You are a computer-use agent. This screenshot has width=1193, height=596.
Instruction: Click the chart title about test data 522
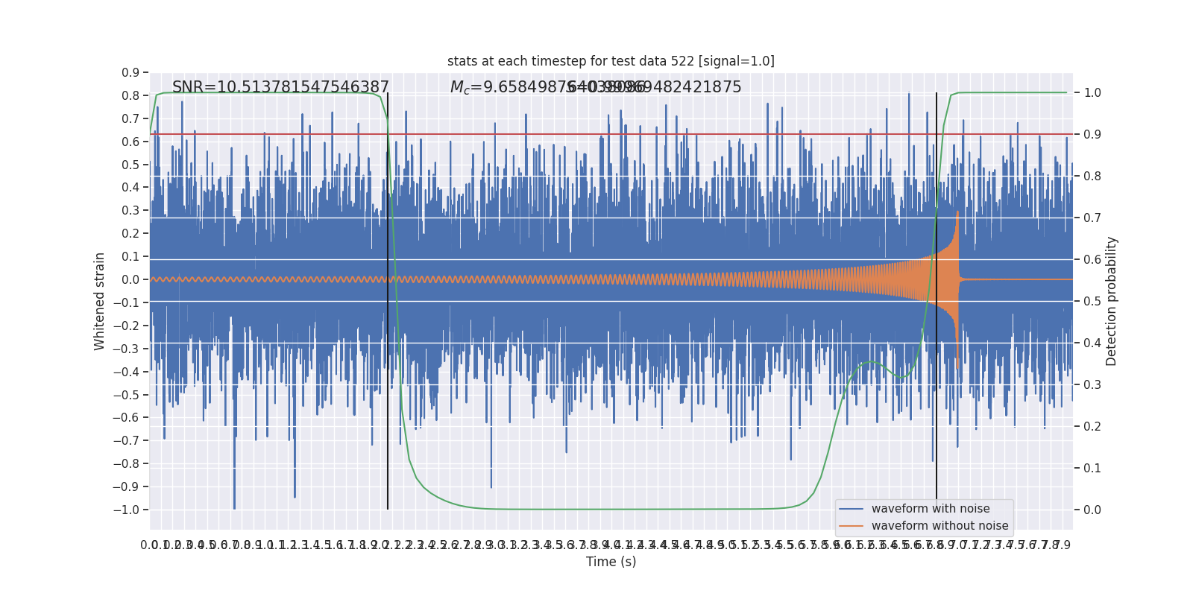pyautogui.click(x=611, y=61)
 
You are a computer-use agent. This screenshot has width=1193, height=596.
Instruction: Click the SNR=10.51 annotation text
pyautogui.click(x=280, y=87)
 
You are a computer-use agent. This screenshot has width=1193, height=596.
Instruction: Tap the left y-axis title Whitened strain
pyautogui.click(x=100, y=301)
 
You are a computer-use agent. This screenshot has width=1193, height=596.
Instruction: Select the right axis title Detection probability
pyautogui.click(x=1112, y=301)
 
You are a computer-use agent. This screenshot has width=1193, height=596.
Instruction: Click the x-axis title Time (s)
pyautogui.click(x=611, y=562)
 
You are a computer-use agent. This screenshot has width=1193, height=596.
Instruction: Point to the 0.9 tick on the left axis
pyautogui.click(x=130, y=73)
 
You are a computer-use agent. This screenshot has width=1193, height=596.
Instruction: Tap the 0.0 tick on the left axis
pyautogui.click(x=130, y=280)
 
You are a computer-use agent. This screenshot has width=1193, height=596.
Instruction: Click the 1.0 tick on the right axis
pyautogui.click(x=1092, y=93)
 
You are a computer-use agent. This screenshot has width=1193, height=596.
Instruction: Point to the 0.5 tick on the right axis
pyautogui.click(x=1092, y=302)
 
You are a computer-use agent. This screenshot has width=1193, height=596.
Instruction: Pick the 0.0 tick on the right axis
pyautogui.click(x=1092, y=510)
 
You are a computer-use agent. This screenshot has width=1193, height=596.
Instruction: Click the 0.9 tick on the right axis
pyautogui.click(x=1092, y=135)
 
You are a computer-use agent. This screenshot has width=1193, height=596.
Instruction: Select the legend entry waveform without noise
pyautogui.click(x=939, y=526)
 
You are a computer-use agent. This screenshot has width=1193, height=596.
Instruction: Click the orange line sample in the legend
pyautogui.click(x=851, y=526)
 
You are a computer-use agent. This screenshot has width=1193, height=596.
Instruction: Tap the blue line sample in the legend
pyautogui.click(x=851, y=509)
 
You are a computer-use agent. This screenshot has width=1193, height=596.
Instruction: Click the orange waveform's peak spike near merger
pyautogui.click(x=957, y=212)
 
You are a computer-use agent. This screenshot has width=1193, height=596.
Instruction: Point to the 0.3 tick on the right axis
pyautogui.click(x=1092, y=385)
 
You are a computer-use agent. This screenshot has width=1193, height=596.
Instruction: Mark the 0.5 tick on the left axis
pyautogui.click(x=130, y=165)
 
